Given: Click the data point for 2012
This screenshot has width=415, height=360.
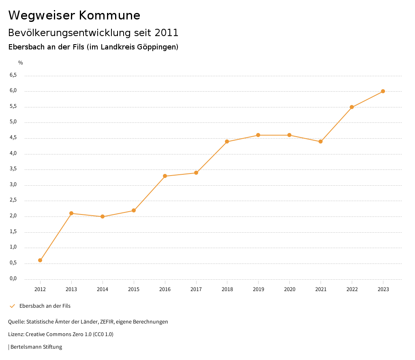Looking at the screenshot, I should pyautogui.click(x=40, y=260).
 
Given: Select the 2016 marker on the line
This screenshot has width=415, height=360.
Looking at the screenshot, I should pyautogui.click(x=165, y=176).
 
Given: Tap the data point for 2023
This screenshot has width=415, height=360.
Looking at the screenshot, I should pyautogui.click(x=383, y=91).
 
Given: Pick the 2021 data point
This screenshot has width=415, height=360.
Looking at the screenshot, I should pyautogui.click(x=321, y=141).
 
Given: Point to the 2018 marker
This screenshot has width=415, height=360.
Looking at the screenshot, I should pyautogui.click(x=227, y=141).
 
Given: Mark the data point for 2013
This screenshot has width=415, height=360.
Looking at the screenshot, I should pyautogui.click(x=71, y=213).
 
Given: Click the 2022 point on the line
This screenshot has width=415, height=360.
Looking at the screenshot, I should pyautogui.click(x=352, y=107).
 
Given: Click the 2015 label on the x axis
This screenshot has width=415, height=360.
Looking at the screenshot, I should pyautogui.click(x=134, y=289).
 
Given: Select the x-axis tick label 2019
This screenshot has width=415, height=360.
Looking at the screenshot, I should pyautogui.click(x=258, y=289).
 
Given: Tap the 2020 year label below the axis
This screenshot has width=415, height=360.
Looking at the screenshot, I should pyautogui.click(x=289, y=289).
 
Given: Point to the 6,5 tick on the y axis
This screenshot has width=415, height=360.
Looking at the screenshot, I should pyautogui.click(x=13, y=75).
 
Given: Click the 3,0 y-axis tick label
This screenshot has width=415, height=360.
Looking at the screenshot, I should pyautogui.click(x=13, y=185).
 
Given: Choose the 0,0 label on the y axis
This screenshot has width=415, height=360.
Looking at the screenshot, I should pyautogui.click(x=13, y=279).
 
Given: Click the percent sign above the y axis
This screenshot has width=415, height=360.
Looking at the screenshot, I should pyautogui.click(x=21, y=63).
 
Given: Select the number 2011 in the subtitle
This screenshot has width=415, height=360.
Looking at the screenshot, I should pyautogui.click(x=167, y=32).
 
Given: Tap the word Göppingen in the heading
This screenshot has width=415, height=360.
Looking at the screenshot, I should pyautogui.click(x=156, y=47).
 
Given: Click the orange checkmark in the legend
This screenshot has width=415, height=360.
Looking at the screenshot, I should pyautogui.click(x=12, y=306).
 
